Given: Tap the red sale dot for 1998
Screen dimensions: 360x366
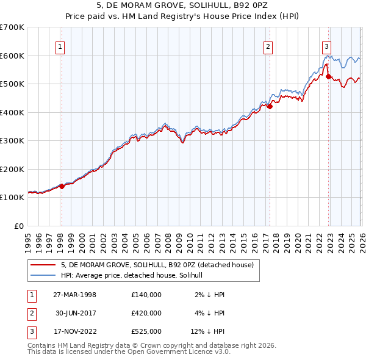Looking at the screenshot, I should click(62, 187).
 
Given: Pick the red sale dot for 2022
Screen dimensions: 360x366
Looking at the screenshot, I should click(328, 77).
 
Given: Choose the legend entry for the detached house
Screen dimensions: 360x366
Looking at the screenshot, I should click(160, 265).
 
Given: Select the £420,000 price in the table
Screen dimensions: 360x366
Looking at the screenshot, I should click(146, 313).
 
